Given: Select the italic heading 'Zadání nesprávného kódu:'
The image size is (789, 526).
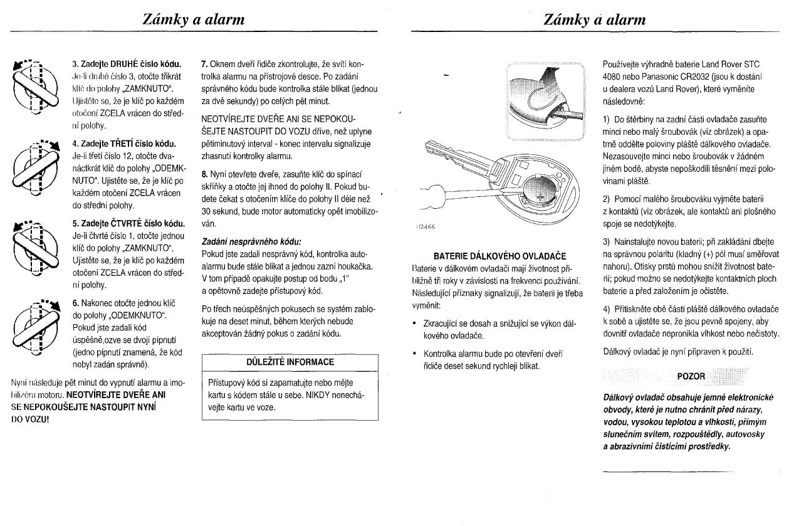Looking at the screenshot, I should pyautogui.click(x=251, y=241).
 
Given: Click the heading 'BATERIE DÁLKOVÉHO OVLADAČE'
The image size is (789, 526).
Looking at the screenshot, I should pyautogui.click(x=499, y=256).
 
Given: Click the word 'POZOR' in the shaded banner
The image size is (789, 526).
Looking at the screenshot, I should pyautogui.click(x=691, y=376).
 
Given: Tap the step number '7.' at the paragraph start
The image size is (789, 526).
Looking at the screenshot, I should pyautogui.click(x=204, y=64).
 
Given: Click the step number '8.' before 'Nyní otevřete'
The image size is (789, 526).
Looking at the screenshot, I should pyautogui.click(x=204, y=173).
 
